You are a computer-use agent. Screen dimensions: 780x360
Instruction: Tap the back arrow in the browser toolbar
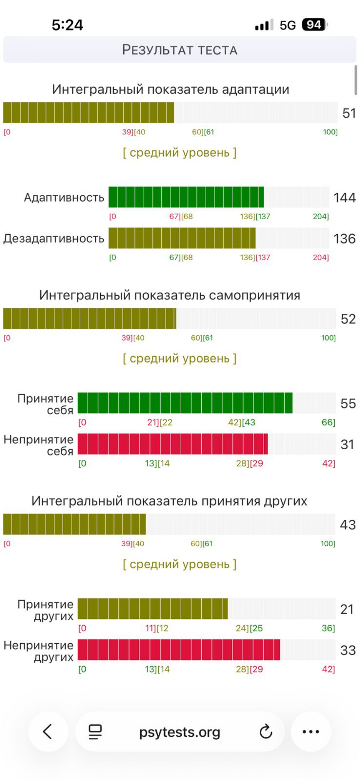click(48, 732)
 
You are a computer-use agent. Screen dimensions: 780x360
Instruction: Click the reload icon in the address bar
click(266, 732)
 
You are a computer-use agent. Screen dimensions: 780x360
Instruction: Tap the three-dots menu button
click(311, 732)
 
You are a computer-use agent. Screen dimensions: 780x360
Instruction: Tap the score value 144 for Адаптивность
click(344, 198)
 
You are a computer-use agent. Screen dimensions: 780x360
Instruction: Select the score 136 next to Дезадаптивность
click(344, 239)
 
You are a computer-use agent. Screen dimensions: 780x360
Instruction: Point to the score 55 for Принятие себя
click(348, 403)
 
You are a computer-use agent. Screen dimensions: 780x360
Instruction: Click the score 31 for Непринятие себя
click(347, 444)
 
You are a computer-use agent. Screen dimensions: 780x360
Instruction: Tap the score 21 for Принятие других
click(347, 609)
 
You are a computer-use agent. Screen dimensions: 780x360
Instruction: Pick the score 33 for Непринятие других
click(348, 650)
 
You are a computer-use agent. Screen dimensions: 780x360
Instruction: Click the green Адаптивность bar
click(186, 197)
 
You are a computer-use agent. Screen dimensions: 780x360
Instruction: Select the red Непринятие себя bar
click(173, 444)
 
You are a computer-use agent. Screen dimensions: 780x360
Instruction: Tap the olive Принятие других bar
click(153, 609)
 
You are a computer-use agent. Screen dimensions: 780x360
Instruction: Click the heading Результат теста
click(180, 50)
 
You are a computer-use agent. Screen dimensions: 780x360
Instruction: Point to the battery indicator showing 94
click(314, 25)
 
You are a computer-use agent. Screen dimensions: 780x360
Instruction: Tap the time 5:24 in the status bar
click(67, 25)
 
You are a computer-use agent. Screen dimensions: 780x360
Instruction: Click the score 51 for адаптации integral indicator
click(349, 113)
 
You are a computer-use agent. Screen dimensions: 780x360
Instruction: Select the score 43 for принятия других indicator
click(348, 524)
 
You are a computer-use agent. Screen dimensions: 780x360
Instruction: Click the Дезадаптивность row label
click(54, 239)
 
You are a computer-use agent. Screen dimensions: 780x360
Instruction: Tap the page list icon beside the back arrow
click(95, 732)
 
